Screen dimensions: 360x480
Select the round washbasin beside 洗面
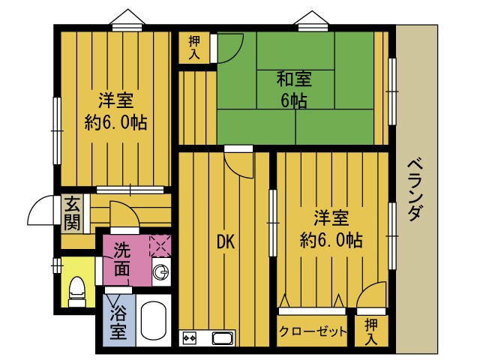(x=160, y=272)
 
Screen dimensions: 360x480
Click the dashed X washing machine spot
(x=160, y=245)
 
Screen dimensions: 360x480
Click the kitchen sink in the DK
(x=223, y=337)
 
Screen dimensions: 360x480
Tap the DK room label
(x=226, y=241)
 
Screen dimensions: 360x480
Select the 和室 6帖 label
(x=294, y=88)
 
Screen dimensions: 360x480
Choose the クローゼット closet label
(x=313, y=331)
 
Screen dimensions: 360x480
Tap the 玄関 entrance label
(x=72, y=211)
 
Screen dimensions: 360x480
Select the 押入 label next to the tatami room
(x=194, y=46)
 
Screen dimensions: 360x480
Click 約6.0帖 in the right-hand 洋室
(x=331, y=240)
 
